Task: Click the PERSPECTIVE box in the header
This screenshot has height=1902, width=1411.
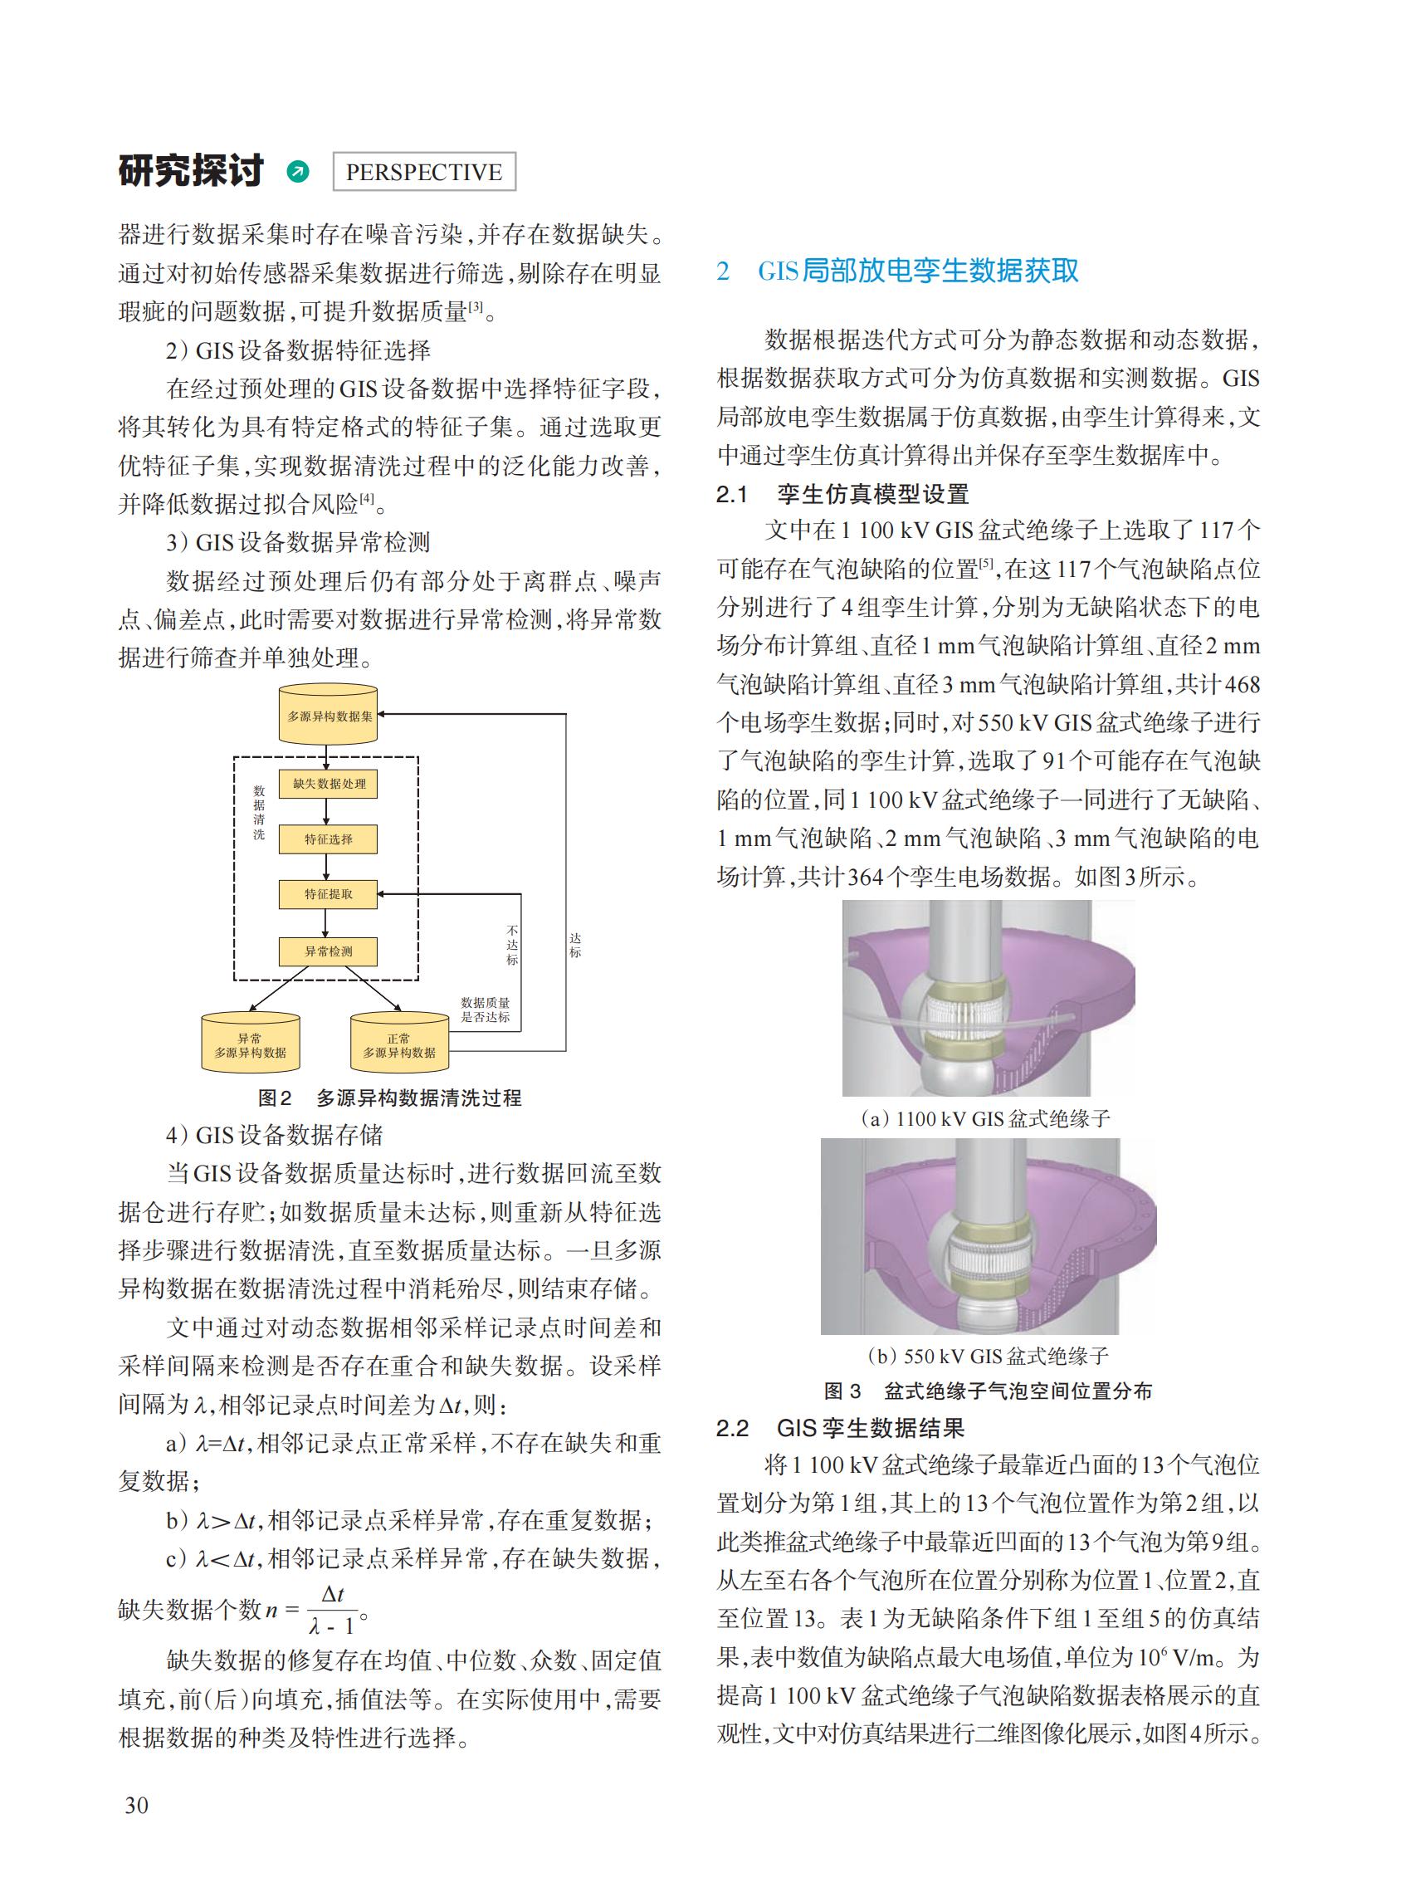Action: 423,172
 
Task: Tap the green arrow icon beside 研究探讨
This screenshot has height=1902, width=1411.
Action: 298,172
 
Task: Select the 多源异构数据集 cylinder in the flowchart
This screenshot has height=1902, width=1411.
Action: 329,715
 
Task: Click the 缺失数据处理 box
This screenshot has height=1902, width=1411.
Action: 328,784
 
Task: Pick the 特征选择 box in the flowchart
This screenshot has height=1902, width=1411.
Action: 328,839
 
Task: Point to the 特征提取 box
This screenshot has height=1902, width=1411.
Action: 328,895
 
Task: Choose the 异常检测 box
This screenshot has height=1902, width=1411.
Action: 328,951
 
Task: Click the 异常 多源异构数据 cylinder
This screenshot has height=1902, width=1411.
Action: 251,1044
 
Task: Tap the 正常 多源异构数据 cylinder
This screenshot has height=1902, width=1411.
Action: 399,1044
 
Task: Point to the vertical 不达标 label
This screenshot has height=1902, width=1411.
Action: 511,944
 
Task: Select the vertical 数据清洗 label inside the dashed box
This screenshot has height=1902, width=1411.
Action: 259,813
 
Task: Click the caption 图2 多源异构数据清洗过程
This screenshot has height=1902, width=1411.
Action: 389,1098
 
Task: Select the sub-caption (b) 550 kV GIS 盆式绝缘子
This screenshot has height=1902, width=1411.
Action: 988,1356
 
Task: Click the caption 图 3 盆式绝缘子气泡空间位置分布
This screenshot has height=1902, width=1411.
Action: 988,1391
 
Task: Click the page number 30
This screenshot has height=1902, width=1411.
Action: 137,1805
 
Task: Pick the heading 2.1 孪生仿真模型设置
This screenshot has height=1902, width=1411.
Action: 842,494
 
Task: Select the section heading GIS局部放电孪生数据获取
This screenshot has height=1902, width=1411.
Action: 917,271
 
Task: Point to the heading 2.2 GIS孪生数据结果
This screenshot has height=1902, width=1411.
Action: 841,1428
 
